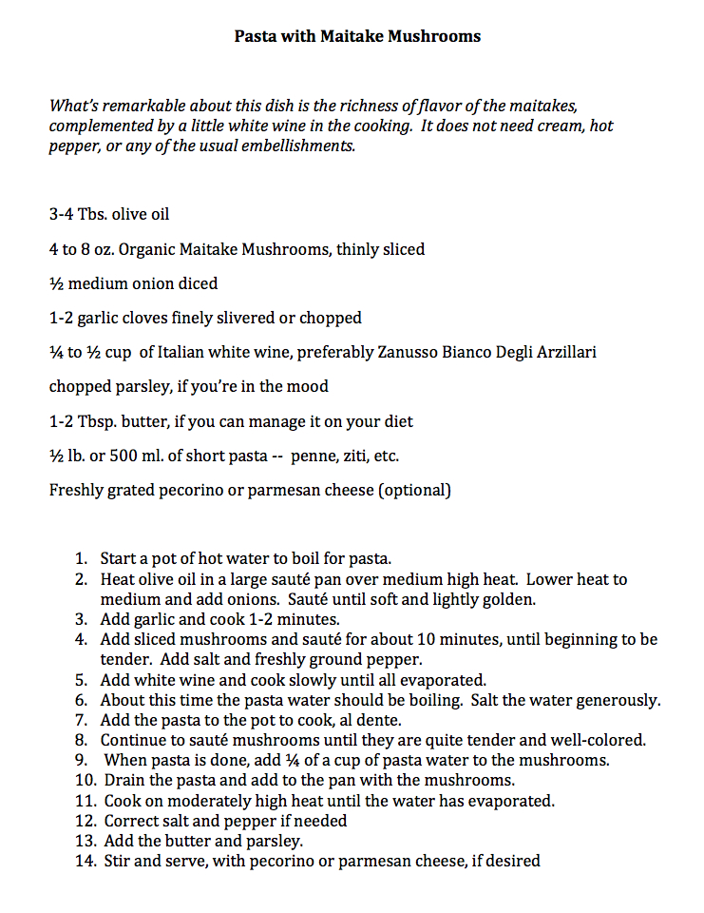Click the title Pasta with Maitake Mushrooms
pyautogui.click(x=357, y=37)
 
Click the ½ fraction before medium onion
pyautogui.click(x=55, y=283)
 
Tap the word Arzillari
pyautogui.click(x=562, y=352)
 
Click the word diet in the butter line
pyautogui.click(x=397, y=421)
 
